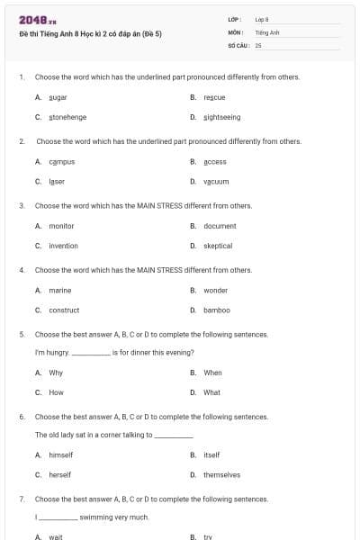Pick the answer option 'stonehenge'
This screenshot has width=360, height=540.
pos(67,117)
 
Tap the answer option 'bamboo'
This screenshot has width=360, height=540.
pos(216,310)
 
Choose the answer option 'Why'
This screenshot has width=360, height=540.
pos(56,373)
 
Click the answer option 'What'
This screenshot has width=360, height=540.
pos(211,392)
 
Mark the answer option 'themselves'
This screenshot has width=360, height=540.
pos(221,475)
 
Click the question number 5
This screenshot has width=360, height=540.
pos(21,334)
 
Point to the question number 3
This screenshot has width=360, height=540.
pos(21,205)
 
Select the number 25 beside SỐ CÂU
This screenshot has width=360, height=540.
pos(258,44)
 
